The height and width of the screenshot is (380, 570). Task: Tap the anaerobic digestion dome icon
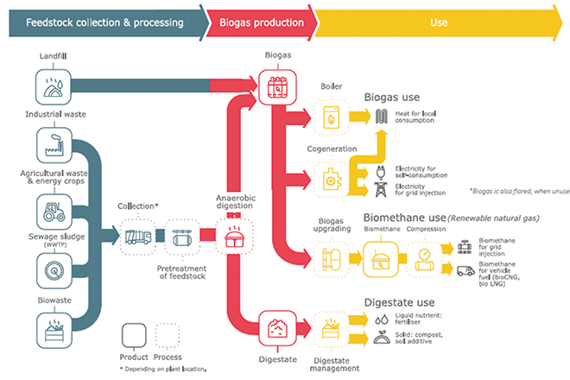click(x=232, y=236)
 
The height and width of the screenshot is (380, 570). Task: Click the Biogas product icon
click(x=277, y=85)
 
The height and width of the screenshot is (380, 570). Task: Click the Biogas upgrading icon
click(x=331, y=256)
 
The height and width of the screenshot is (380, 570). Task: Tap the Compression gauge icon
click(x=424, y=256)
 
